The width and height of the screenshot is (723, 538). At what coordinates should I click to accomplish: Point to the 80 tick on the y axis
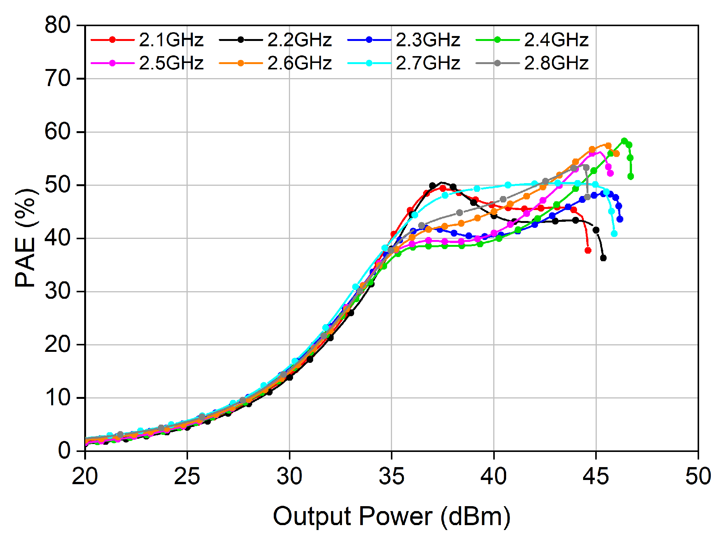click(x=58, y=26)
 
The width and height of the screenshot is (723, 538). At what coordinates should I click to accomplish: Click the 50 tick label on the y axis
click(x=58, y=185)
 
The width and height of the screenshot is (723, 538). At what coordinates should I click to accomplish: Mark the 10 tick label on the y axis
click(x=58, y=398)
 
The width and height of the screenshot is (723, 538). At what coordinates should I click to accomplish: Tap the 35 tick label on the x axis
click(x=392, y=476)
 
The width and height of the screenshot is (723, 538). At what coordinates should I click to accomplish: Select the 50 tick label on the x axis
click(x=698, y=476)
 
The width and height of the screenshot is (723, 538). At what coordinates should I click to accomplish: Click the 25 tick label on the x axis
click(x=187, y=476)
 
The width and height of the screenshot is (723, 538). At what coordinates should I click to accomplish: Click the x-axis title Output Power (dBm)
click(x=392, y=516)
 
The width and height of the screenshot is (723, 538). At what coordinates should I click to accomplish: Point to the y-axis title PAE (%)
click(x=26, y=238)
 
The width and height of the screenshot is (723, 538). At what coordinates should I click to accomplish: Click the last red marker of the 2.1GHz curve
click(x=588, y=250)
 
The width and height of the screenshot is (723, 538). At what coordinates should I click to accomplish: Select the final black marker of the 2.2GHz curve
click(x=603, y=258)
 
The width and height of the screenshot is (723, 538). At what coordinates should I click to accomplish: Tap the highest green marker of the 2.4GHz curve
click(x=624, y=141)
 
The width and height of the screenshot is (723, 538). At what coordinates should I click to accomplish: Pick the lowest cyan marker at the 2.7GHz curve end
click(x=614, y=234)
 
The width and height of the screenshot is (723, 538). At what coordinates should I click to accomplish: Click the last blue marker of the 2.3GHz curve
click(x=620, y=219)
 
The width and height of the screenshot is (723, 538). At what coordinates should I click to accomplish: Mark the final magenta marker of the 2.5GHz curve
click(x=610, y=173)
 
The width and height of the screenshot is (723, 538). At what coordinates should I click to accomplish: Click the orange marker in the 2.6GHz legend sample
click(x=241, y=63)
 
